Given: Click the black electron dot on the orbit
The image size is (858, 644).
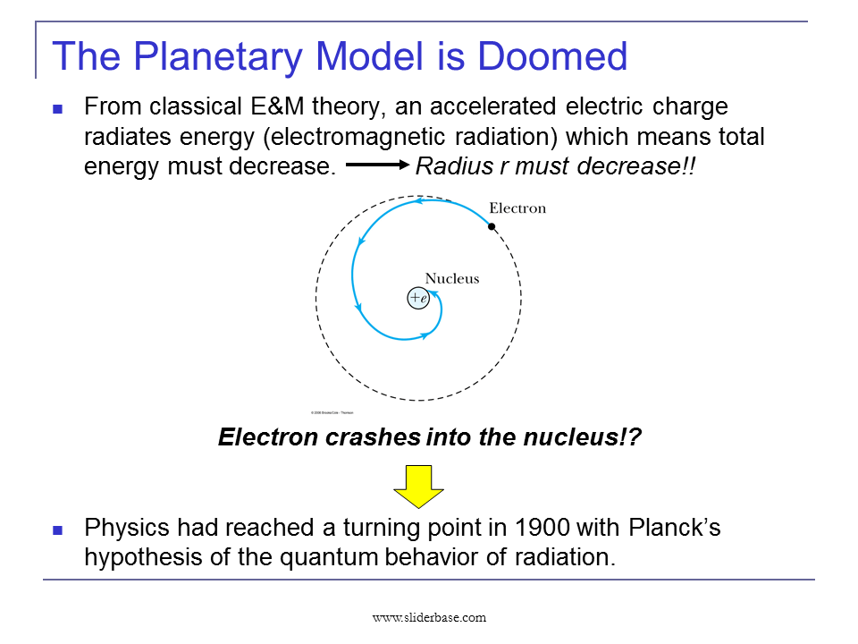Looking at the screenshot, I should (x=492, y=226).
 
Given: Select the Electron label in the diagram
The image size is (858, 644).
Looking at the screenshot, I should (x=517, y=208).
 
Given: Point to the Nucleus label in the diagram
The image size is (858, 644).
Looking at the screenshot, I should (x=451, y=278).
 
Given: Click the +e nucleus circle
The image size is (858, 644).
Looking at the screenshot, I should (x=418, y=298).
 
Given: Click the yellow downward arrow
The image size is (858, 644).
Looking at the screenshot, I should (x=419, y=487).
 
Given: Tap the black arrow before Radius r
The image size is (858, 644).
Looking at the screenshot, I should (x=376, y=166).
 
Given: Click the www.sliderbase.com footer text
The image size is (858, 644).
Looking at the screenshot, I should (x=429, y=617).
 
